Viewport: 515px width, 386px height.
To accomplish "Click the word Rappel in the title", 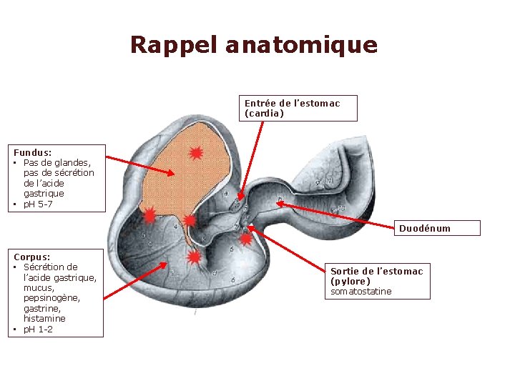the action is (x=174, y=46).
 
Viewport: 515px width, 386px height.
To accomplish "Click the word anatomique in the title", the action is (x=301, y=46).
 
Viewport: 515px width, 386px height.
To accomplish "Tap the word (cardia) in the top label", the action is (x=264, y=113).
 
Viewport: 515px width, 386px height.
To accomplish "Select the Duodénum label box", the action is (x=438, y=228).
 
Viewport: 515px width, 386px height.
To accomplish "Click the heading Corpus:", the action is (x=31, y=256).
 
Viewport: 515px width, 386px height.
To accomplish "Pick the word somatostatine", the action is (x=361, y=292).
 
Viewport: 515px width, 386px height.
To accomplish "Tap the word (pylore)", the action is (x=350, y=282).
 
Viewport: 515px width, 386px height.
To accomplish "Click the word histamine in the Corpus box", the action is (x=44, y=319).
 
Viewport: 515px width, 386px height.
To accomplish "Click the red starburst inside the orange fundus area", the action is (x=196, y=152).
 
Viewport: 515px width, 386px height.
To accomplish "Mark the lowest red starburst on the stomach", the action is (x=193, y=257).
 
